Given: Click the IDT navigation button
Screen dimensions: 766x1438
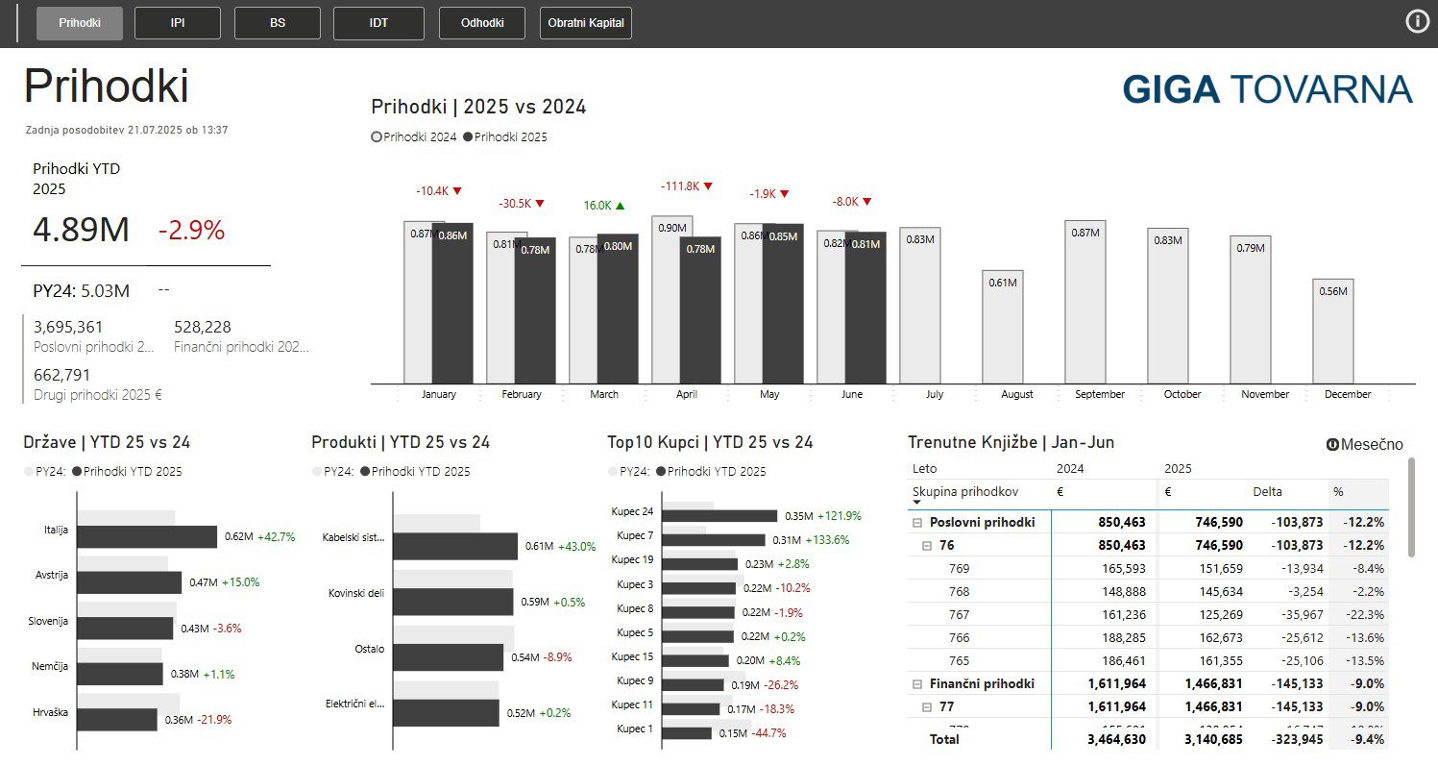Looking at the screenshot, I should pyautogui.click(x=378, y=23).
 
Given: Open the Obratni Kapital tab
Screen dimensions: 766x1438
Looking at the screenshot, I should pyautogui.click(x=585, y=23).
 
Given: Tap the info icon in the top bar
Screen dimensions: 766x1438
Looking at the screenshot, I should pyautogui.click(x=1417, y=21).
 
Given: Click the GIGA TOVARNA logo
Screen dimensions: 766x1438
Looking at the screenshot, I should pyautogui.click(x=1267, y=89).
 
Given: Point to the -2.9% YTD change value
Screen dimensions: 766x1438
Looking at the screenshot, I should pyautogui.click(x=191, y=231).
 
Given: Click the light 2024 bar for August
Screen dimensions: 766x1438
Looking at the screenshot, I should pyautogui.click(x=1002, y=327).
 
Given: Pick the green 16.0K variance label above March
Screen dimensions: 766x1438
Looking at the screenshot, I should pyautogui.click(x=604, y=206).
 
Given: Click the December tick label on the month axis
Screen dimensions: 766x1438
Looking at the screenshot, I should pyautogui.click(x=1348, y=394).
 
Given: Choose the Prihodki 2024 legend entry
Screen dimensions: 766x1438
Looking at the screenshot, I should pyautogui.click(x=414, y=137).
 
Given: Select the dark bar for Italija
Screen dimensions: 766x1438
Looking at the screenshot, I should pyautogui.click(x=147, y=536).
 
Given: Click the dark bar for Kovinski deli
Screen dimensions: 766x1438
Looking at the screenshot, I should pyautogui.click(x=452, y=602).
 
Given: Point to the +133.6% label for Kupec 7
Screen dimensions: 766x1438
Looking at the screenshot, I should pyautogui.click(x=827, y=540).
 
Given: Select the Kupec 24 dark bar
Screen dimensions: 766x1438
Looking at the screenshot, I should pyautogui.click(x=719, y=516).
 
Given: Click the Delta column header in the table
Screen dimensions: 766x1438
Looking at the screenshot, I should pyautogui.click(x=1267, y=492).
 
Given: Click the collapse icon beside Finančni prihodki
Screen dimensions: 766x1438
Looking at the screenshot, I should pyautogui.click(x=916, y=684).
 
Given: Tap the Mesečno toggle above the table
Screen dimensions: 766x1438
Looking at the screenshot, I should pyautogui.click(x=1364, y=445).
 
